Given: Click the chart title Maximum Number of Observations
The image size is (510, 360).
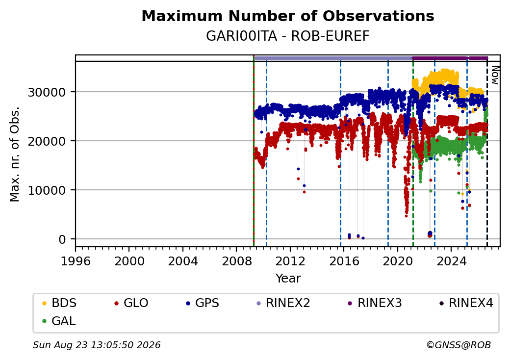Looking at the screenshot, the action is tap(288, 16).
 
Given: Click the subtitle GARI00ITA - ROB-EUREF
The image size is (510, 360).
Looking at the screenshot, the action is tap(288, 36).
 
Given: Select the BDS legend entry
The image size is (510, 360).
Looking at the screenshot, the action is tap(59, 303).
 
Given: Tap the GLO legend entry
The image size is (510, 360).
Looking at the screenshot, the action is tap(131, 303).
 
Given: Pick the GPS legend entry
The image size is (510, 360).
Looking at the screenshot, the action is tap(203, 303).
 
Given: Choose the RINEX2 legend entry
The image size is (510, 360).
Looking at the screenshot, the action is tap(283, 303).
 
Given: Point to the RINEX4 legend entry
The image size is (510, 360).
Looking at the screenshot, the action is tap(466, 303).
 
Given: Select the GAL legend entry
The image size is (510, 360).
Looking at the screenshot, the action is tap(59, 321).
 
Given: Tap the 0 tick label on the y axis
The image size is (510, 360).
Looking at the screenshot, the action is tap(62, 240).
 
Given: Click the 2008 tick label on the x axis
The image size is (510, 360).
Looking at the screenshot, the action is tap(236, 261).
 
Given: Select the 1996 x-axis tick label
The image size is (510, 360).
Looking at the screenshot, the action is tap(76, 261).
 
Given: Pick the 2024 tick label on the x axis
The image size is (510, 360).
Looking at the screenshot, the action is tap(451, 261).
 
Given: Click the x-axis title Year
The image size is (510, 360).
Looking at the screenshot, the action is tap(288, 279).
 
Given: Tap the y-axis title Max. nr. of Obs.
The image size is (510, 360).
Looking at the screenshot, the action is tap(15, 154).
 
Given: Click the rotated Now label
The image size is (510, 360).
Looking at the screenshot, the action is tap(495, 75).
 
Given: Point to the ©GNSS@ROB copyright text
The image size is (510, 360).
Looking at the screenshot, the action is tap(459, 345).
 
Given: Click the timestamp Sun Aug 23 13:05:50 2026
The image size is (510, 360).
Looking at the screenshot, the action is tap(97, 345).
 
